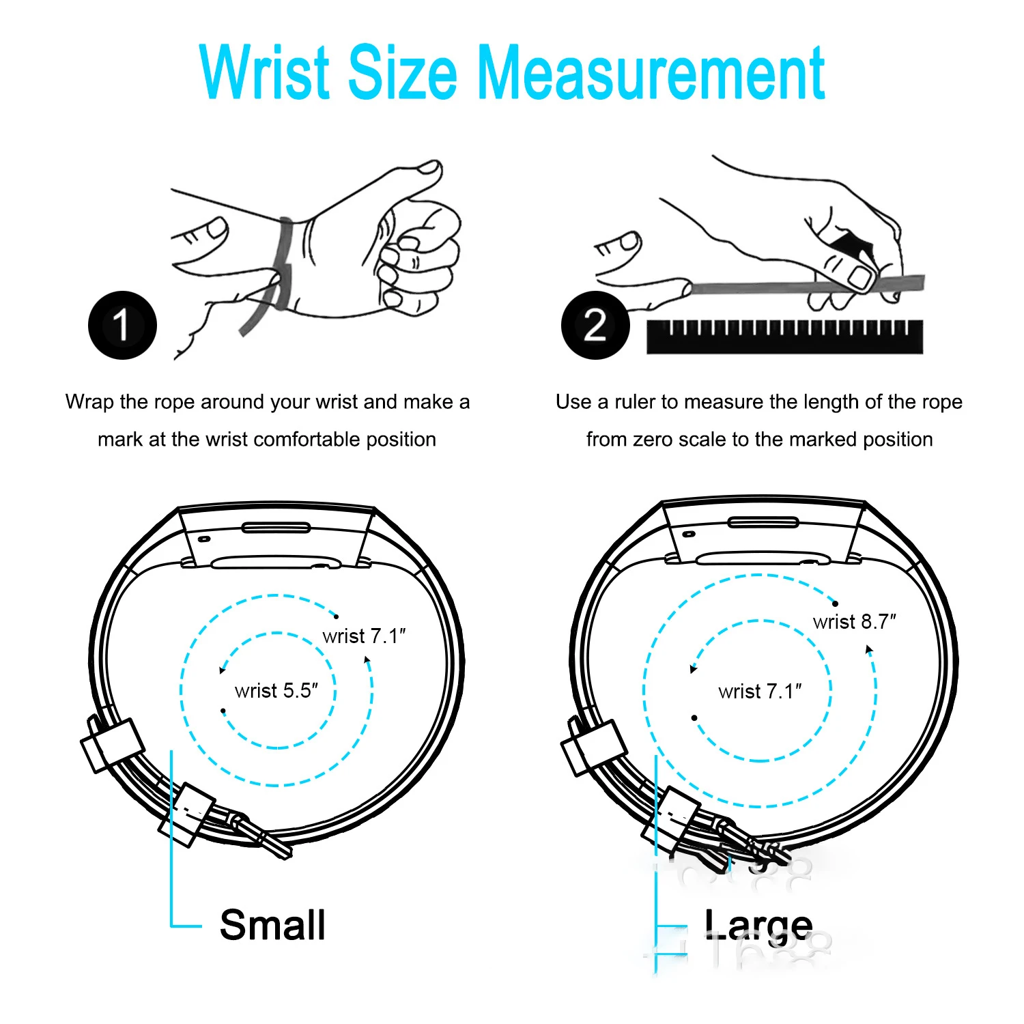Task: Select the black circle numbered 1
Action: pyautogui.click(x=122, y=325)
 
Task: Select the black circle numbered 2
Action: pyautogui.click(x=595, y=325)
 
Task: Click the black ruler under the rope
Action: pyautogui.click(x=784, y=337)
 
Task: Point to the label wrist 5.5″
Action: pyautogui.click(x=276, y=691)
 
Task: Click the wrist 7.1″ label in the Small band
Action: pyautogui.click(x=364, y=636)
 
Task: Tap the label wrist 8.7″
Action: pyautogui.click(x=854, y=622)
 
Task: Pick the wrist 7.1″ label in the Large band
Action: pyautogui.click(x=760, y=692)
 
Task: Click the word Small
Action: pyautogui.click(x=272, y=926)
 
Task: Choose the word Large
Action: pyautogui.click(x=758, y=926)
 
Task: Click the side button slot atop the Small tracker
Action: pyautogui.click(x=276, y=527)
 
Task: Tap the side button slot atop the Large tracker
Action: pyautogui.click(x=763, y=522)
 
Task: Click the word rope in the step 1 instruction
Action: pyautogui.click(x=175, y=402)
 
